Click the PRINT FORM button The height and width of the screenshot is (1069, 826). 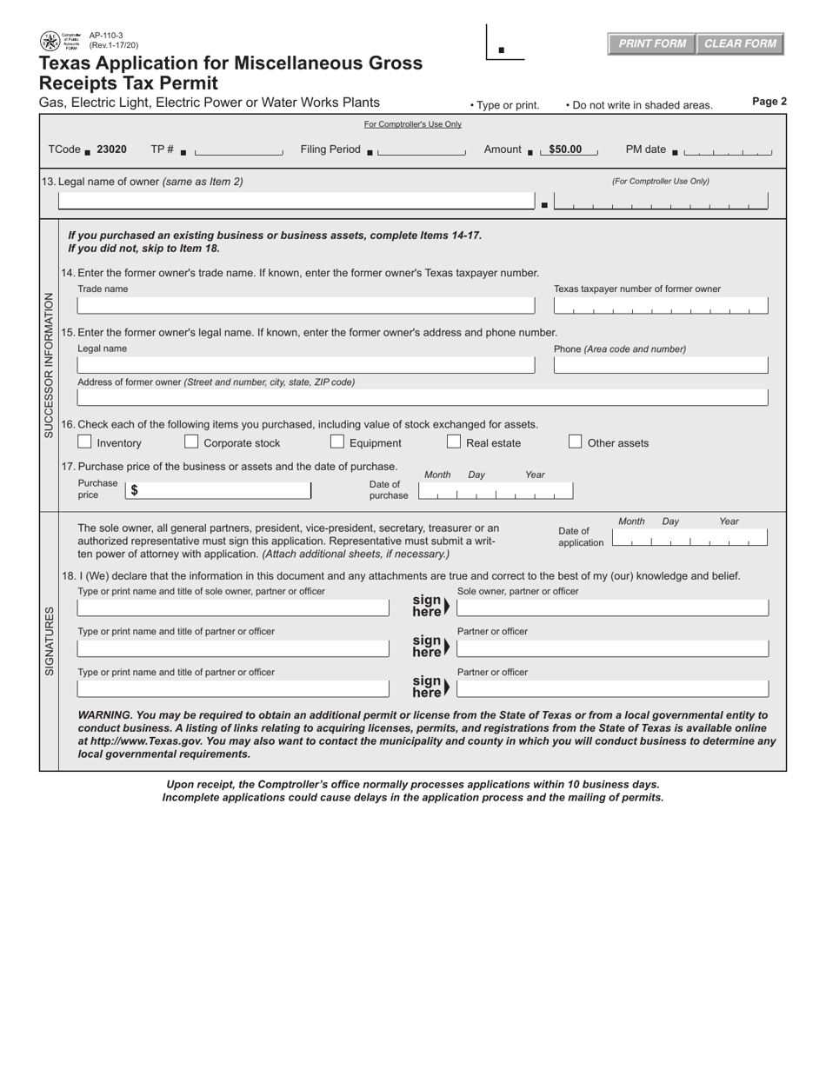tap(651, 44)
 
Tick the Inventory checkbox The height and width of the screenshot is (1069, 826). tap(84, 442)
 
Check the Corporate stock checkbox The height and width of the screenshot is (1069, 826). tap(191, 442)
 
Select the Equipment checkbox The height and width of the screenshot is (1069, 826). tap(337, 442)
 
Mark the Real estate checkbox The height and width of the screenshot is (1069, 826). tap(454, 442)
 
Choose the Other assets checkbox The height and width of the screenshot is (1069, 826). tap(575, 442)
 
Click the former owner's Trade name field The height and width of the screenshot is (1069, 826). tap(305, 305)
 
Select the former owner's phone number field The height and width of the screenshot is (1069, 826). tap(660, 365)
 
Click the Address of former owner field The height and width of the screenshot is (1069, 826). tap(423, 397)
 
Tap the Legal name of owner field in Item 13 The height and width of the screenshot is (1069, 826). tap(296, 201)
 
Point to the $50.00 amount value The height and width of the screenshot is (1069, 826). tap(565, 149)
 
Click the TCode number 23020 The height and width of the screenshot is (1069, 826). tap(111, 149)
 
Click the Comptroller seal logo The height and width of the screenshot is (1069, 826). tap(50, 41)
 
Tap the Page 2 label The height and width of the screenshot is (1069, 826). tap(769, 102)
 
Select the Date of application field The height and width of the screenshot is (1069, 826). tap(689, 538)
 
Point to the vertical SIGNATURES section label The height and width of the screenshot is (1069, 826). tap(50, 641)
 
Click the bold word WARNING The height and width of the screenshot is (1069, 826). tap(105, 715)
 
